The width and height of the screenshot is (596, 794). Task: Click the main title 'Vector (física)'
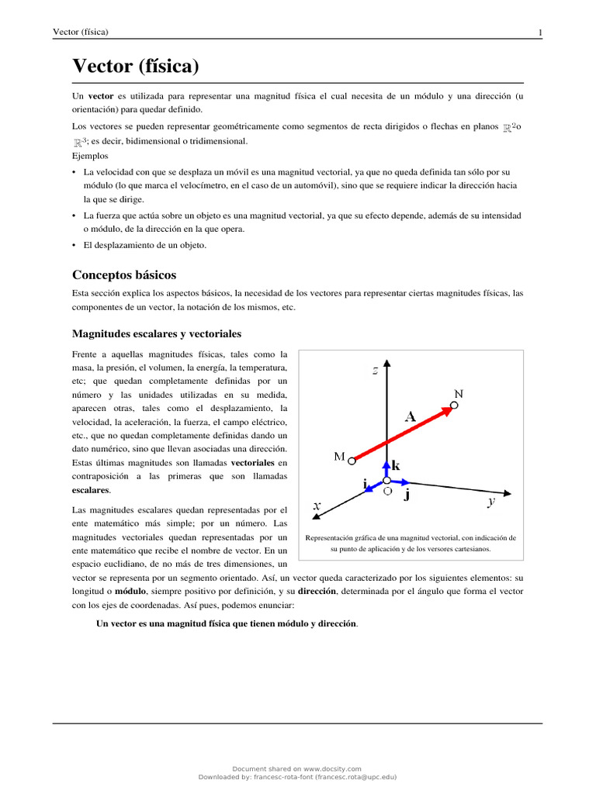click(x=136, y=67)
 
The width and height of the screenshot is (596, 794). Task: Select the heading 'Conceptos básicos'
click(x=124, y=274)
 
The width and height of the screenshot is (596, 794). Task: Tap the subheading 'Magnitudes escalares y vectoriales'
click(x=157, y=333)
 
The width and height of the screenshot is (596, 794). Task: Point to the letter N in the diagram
click(x=459, y=394)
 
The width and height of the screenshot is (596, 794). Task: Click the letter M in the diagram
click(x=339, y=457)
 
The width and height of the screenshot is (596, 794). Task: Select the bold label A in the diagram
click(x=410, y=416)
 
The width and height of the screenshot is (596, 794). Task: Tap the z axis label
click(x=375, y=371)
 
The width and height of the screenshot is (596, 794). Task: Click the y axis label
click(x=490, y=502)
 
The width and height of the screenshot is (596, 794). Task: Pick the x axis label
click(x=317, y=505)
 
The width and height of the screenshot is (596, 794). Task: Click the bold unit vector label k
click(x=396, y=466)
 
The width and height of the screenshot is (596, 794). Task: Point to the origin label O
click(x=387, y=492)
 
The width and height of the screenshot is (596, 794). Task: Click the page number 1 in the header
click(x=539, y=32)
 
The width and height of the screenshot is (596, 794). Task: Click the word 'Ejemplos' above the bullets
click(x=90, y=156)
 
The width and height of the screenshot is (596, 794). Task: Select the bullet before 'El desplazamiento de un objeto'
click(x=74, y=245)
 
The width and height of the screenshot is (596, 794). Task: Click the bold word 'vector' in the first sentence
click(x=101, y=95)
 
